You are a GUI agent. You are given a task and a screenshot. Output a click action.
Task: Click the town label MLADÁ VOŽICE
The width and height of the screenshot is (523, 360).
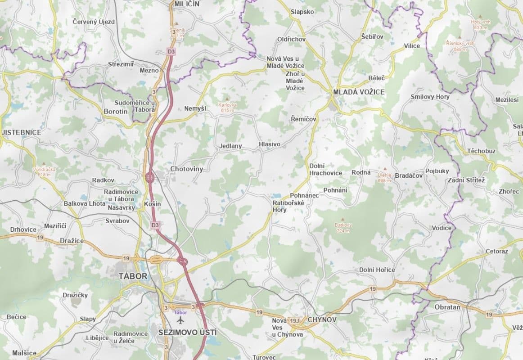tap(359, 92)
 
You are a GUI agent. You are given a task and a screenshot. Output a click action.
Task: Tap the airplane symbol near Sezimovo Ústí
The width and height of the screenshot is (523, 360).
tap(180, 320)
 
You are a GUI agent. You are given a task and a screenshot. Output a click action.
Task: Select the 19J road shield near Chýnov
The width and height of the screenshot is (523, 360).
tap(295, 320)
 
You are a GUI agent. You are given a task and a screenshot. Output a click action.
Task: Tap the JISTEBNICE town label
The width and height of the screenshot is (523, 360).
tap(21, 132)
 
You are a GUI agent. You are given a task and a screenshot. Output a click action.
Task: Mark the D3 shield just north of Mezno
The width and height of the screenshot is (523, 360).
tap(171, 51)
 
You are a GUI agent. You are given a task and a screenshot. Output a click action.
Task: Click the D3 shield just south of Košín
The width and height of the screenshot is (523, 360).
tap(155, 225)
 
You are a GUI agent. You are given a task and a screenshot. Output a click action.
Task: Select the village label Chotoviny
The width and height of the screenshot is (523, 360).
tap(186, 169)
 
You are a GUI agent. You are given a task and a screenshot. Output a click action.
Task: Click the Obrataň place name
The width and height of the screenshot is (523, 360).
tap(447, 306)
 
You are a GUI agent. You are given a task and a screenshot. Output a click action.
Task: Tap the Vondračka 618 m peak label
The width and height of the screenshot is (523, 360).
tap(44, 172)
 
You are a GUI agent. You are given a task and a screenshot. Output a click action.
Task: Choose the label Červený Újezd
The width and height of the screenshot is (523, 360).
tap(94, 22)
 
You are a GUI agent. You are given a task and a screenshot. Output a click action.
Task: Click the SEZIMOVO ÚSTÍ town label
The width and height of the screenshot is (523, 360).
tap(187, 333)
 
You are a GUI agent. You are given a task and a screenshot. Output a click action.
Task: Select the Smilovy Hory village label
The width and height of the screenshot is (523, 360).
tap(430, 97)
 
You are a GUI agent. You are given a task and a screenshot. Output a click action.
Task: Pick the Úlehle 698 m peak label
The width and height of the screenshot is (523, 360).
tap(384, 177)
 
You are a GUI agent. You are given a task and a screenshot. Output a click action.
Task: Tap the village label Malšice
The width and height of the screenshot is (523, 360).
tap(24, 353)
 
